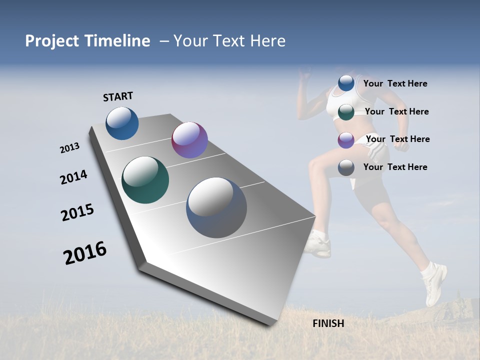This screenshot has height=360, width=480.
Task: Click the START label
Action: click(118, 96)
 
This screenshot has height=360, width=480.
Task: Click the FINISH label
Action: click(328, 323)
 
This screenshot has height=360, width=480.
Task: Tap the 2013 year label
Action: click(69, 148)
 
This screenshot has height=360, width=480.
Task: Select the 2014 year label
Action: click(73, 177)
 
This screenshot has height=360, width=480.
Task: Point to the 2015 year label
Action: click(77, 212)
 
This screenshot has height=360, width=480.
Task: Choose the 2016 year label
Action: click(85, 253)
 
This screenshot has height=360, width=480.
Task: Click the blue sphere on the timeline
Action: click(122, 123)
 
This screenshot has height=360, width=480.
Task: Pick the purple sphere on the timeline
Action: click(189, 140)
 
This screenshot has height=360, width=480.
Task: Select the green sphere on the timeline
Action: click(145, 180)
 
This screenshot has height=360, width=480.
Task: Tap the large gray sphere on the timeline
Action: click(216, 207)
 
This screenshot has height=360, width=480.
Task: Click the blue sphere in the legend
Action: click(346, 83)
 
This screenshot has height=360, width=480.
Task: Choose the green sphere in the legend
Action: click(346, 112)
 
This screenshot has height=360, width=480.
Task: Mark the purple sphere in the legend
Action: click(346, 140)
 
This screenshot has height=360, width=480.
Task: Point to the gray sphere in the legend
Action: click(346, 167)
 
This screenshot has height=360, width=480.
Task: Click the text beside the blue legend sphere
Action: click(395, 83)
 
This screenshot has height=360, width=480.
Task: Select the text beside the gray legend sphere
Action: click(395, 167)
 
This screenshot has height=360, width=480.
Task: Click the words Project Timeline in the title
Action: click(87, 41)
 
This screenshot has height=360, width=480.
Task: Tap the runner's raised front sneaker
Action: click(434, 285)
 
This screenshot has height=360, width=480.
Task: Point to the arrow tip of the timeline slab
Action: click(315, 217)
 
